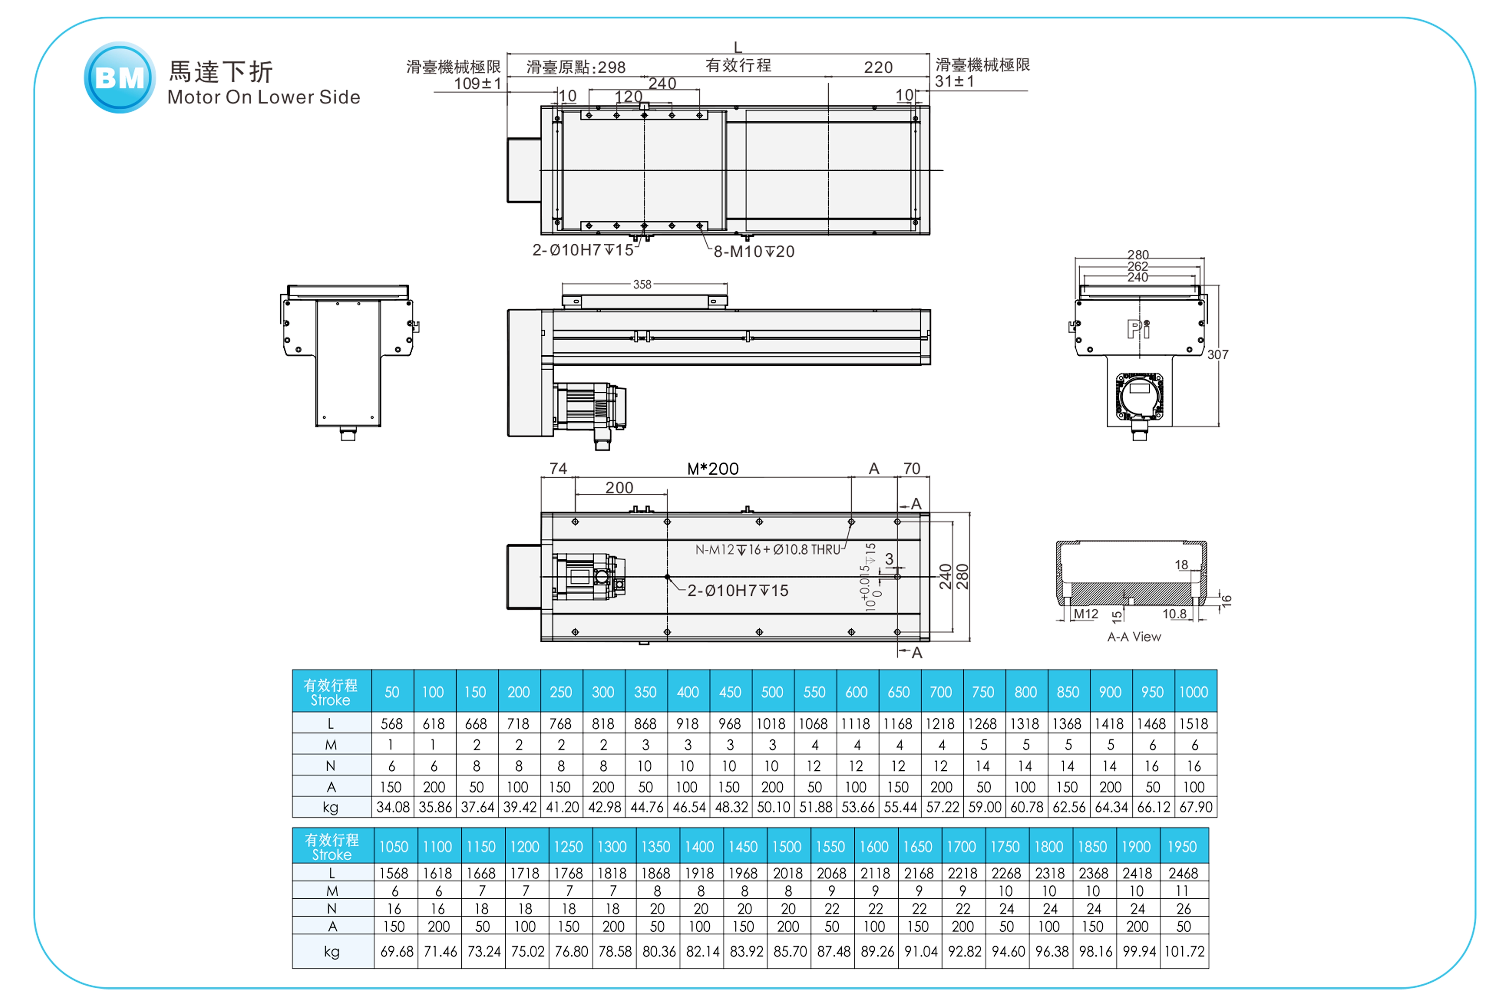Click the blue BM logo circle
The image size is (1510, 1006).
click(119, 78)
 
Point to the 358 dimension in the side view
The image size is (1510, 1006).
click(642, 284)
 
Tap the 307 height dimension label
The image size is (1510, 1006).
click(1218, 355)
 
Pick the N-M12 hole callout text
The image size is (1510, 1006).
click(767, 550)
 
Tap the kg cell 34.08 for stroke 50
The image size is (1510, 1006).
click(392, 807)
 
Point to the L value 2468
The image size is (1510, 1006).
click(1183, 873)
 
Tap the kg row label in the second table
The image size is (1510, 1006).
click(332, 952)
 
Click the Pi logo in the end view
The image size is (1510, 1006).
click(1138, 329)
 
